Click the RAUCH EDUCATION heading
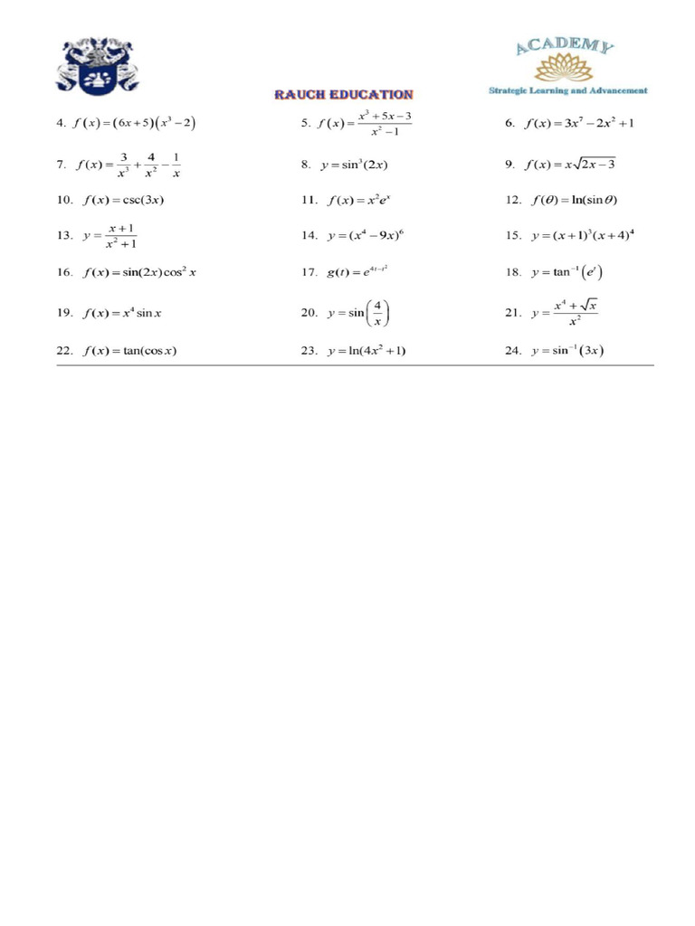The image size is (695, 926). coord(344,94)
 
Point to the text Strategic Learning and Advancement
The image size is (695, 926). coord(567,90)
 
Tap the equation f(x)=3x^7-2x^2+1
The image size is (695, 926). coord(579,124)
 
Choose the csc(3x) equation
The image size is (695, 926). coord(123,199)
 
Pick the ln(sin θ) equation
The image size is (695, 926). coord(572,199)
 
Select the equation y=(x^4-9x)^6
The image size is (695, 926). coord(365,235)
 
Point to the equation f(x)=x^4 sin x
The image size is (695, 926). coord(122,313)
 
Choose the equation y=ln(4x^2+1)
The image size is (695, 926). coord(367,351)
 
